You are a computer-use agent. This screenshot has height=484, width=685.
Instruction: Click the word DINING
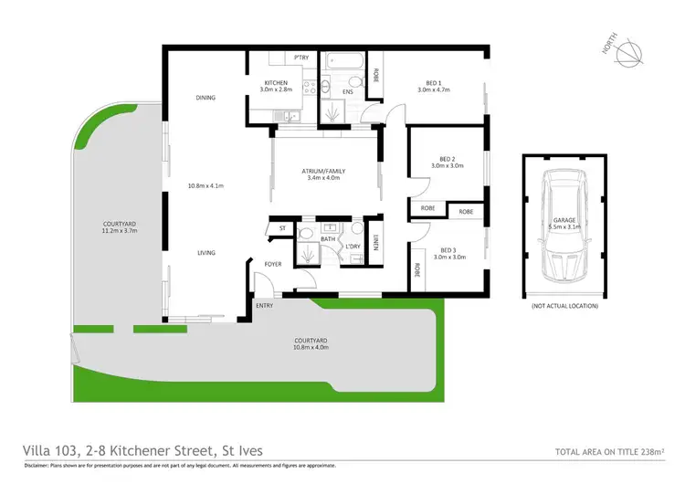(205, 98)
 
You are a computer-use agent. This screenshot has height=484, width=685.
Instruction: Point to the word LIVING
(205, 252)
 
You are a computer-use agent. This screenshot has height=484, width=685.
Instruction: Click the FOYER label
(273, 264)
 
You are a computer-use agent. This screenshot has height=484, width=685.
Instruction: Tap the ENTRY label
(265, 305)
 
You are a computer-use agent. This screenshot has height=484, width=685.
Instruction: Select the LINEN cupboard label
(375, 242)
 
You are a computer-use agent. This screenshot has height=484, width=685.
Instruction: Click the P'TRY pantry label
(301, 58)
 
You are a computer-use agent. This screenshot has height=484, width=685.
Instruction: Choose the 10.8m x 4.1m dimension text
(205, 185)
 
